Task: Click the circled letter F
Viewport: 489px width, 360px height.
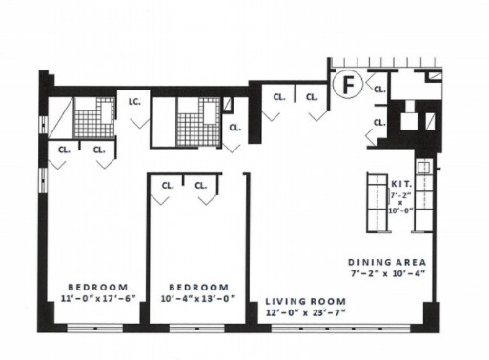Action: tap(348, 84)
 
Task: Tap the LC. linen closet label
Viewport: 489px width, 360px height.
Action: tap(134, 102)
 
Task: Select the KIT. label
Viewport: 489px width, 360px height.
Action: tap(401, 184)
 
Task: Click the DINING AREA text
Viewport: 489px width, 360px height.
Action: tap(387, 262)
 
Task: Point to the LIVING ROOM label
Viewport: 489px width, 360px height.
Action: tap(306, 301)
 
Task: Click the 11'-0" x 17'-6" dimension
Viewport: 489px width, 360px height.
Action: tap(98, 298)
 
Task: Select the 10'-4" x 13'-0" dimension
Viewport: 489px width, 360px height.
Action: tap(198, 299)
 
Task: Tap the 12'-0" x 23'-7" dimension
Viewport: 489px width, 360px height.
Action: tap(306, 312)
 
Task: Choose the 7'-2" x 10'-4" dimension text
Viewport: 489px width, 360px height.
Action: tap(388, 273)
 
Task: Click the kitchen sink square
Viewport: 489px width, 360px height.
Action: tap(423, 167)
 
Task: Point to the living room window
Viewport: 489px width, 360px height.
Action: tap(340, 329)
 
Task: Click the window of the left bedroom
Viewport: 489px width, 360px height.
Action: tap(94, 329)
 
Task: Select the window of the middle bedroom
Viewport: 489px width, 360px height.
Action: tap(197, 329)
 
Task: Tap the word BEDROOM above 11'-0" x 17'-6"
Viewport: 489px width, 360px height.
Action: tap(98, 287)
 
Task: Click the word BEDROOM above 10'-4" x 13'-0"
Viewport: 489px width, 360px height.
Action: tap(198, 288)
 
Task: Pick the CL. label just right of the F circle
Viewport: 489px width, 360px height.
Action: tap(379, 90)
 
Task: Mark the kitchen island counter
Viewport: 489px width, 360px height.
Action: tap(377, 203)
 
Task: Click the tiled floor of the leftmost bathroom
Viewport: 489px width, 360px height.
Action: tap(94, 118)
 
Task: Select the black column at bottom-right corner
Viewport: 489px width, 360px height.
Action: tap(431, 317)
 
